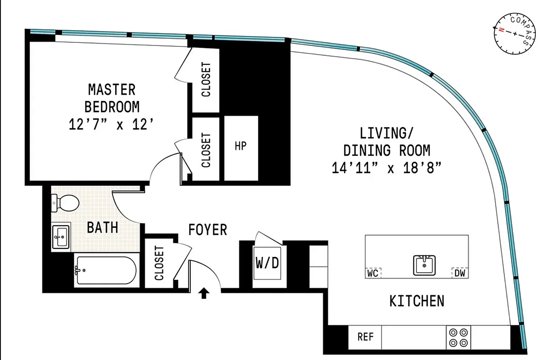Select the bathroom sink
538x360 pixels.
tap(61, 236)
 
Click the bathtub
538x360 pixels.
tap(105, 270)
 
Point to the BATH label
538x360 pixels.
tap(103, 227)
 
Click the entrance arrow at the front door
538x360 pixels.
tap(204, 294)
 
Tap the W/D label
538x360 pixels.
tap(267, 262)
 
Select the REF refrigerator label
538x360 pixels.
tap(365, 337)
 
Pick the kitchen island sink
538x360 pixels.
tap(424, 265)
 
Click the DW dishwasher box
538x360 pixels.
tap(459, 273)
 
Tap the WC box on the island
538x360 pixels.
tap(373, 273)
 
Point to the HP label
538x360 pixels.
tap(241, 146)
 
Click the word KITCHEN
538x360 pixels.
tap(417, 301)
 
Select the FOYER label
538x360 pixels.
tap(207, 230)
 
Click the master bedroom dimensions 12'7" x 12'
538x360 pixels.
tap(112, 124)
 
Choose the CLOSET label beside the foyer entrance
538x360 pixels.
tap(159, 263)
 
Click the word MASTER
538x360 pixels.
tap(112, 90)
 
